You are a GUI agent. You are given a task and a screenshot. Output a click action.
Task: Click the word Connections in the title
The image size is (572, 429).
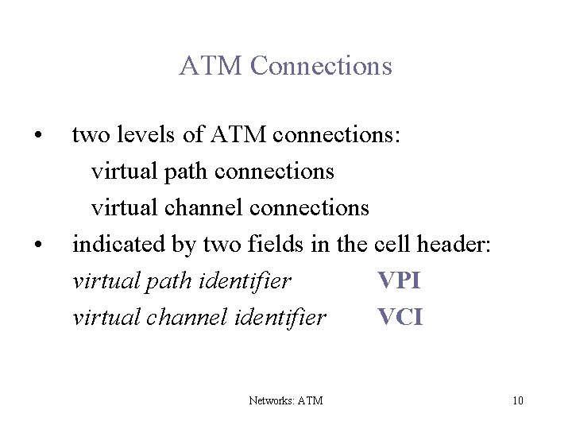322,66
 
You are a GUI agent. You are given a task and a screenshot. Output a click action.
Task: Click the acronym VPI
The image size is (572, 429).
400,281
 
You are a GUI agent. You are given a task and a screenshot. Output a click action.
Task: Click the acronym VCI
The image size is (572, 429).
400,318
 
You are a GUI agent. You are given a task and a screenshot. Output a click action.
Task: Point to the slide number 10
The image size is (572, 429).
518,400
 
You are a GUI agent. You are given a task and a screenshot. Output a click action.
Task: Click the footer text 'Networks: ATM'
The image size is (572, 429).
286,400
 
